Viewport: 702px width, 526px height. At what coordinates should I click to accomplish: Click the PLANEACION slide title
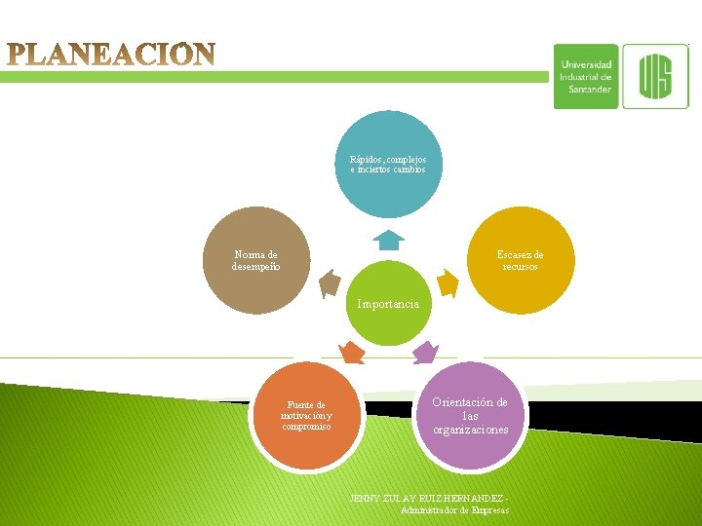tap(112, 54)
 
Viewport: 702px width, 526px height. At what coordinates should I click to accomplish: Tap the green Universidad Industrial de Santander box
tap(586, 76)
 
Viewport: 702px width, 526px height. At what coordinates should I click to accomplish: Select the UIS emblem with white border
tap(655, 76)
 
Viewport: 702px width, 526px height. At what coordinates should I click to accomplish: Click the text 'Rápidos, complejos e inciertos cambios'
tap(388, 164)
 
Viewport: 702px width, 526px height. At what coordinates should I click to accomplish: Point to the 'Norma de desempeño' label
tap(255, 260)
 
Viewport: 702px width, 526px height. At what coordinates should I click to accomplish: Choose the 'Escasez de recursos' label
tap(521, 260)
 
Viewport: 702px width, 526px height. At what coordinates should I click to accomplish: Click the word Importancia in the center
tap(388, 304)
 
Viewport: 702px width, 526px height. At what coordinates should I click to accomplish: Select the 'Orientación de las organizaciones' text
tap(471, 415)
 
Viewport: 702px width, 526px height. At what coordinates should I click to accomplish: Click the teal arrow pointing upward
tap(388, 240)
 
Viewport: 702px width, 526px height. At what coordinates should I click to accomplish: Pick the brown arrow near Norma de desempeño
tap(330, 282)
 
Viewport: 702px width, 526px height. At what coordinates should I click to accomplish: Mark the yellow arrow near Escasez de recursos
tap(447, 282)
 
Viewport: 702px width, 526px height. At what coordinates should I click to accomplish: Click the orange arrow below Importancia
tap(352, 353)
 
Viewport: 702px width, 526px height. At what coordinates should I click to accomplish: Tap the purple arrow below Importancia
tap(424, 352)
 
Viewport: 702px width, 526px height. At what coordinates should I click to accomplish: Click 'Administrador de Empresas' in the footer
tap(454, 509)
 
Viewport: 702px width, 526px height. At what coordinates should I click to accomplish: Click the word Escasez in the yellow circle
tap(511, 255)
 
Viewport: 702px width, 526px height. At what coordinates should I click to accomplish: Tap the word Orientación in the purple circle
tap(471, 402)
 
